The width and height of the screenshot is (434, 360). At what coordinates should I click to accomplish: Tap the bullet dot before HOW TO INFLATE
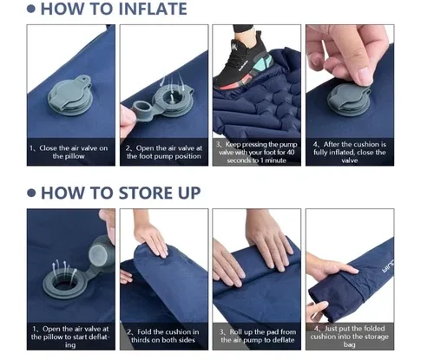pos(33,10)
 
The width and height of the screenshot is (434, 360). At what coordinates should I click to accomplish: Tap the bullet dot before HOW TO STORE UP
pos(33,193)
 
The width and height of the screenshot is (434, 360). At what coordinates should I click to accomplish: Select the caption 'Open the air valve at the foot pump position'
pos(163,151)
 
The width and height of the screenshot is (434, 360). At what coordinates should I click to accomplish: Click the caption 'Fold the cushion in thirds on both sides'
pos(163,336)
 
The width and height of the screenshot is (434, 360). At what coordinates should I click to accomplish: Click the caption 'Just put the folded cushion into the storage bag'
pos(350,336)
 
